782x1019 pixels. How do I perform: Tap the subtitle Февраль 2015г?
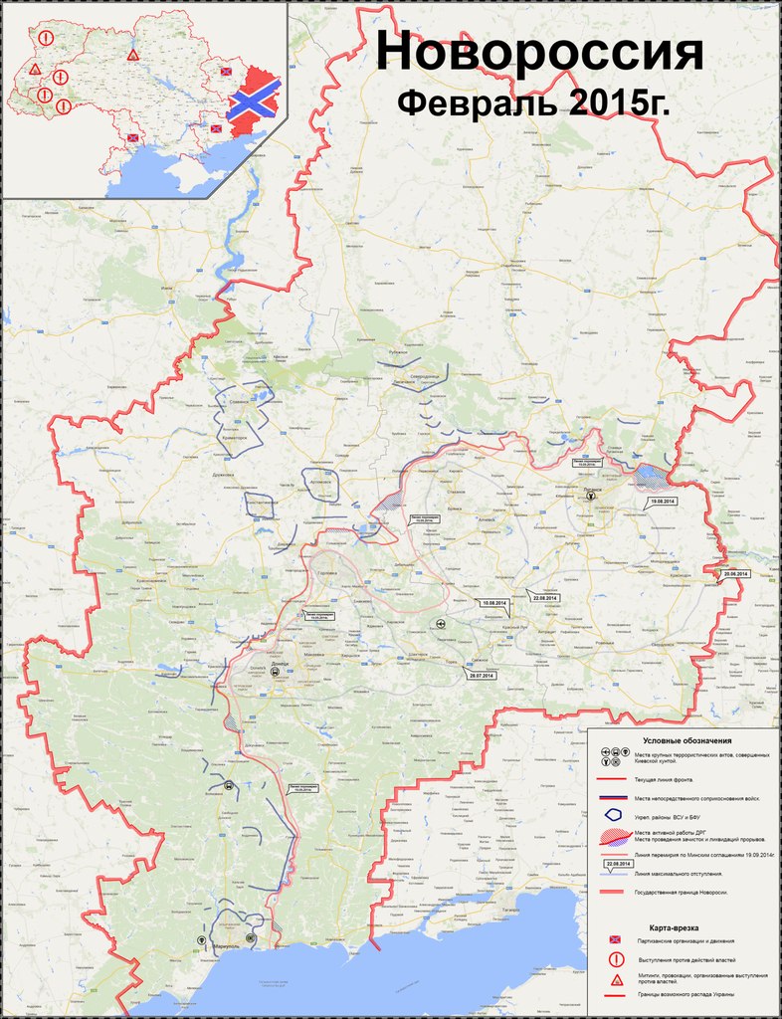[x=533, y=103]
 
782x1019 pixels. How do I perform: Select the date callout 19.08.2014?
[x=662, y=500]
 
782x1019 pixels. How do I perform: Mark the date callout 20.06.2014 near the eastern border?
[x=735, y=575]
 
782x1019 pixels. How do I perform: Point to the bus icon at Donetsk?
[x=274, y=672]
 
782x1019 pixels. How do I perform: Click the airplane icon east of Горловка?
[x=439, y=623]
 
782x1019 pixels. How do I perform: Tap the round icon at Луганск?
[x=591, y=495]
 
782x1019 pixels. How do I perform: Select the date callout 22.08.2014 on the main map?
[x=546, y=597]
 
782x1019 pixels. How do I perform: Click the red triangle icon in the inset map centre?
[x=132, y=55]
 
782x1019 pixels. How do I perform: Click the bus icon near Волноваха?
[x=230, y=785]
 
